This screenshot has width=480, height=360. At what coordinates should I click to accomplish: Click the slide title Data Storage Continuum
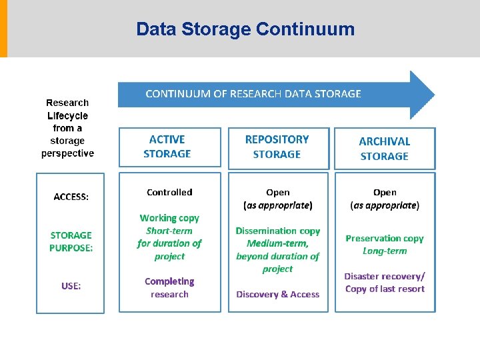click(x=245, y=29)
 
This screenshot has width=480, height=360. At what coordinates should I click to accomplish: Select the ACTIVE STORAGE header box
click(x=169, y=147)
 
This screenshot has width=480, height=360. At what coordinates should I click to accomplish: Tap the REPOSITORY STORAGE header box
click(x=277, y=147)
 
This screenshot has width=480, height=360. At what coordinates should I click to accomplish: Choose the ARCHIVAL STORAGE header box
click(x=385, y=149)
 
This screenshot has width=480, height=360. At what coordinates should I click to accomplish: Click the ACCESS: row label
click(x=71, y=197)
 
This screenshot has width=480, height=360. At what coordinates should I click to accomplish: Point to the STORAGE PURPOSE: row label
click(x=71, y=241)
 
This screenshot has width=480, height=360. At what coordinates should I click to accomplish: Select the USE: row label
click(x=71, y=285)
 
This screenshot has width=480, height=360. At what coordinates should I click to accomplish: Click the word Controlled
click(x=169, y=192)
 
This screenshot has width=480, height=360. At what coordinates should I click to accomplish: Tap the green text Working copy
click(x=169, y=218)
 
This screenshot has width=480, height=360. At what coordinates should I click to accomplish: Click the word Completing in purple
click(x=169, y=281)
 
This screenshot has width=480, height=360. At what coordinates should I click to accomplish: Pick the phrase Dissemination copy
click(x=278, y=231)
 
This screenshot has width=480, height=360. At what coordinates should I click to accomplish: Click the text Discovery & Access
click(x=278, y=294)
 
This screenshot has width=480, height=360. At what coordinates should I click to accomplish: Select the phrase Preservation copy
click(x=385, y=238)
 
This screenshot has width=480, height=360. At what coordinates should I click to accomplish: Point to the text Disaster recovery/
click(x=385, y=276)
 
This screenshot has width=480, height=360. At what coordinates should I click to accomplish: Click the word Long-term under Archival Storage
click(x=385, y=251)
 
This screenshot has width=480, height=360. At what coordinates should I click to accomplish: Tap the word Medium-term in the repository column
click(x=278, y=243)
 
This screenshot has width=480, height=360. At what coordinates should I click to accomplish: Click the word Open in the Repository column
click(x=278, y=192)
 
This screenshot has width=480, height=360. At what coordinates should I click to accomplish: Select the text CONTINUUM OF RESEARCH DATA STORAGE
click(x=253, y=94)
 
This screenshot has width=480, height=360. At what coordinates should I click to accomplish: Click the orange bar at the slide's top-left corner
click(x=3, y=29)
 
